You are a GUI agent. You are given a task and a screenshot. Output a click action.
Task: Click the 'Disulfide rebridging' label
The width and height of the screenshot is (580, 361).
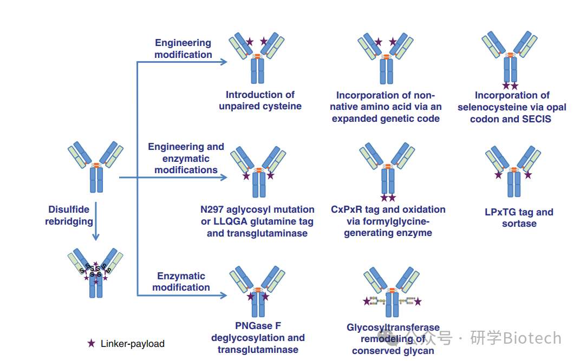(x=69, y=215)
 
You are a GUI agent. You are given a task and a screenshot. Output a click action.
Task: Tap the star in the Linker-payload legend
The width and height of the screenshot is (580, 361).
(x=92, y=343)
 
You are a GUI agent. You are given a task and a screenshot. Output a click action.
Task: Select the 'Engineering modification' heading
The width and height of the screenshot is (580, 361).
(x=183, y=49)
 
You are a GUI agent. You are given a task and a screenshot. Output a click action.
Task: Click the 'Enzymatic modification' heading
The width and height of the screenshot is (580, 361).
(x=181, y=281)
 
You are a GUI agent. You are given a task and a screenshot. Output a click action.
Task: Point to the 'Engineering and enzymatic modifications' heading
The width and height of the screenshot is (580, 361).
(x=186, y=158)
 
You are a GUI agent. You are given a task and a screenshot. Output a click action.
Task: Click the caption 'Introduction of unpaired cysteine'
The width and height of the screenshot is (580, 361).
(x=260, y=101)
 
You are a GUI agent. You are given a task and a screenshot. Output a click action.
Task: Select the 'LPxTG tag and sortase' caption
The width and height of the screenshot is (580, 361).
(x=519, y=218)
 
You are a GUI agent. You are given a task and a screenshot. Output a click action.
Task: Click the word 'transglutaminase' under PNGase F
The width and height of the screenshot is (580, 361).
(x=258, y=350)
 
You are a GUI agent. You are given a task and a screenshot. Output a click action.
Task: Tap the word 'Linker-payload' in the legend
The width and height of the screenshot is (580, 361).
(x=132, y=344)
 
